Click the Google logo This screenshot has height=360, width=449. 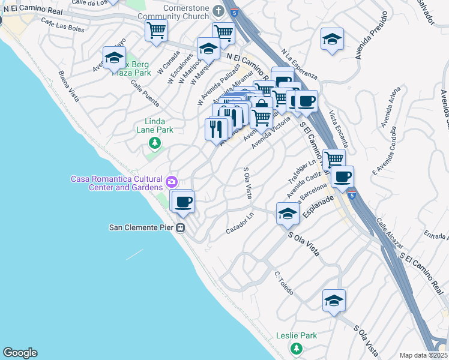(20, 353)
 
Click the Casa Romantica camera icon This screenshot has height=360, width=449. (172, 181)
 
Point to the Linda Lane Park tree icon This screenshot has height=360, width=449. (155, 143)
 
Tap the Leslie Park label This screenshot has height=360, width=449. (296, 336)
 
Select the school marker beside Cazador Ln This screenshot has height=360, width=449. (288, 214)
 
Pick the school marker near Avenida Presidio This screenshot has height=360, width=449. (332, 40)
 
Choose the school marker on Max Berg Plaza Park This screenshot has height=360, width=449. (114, 58)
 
